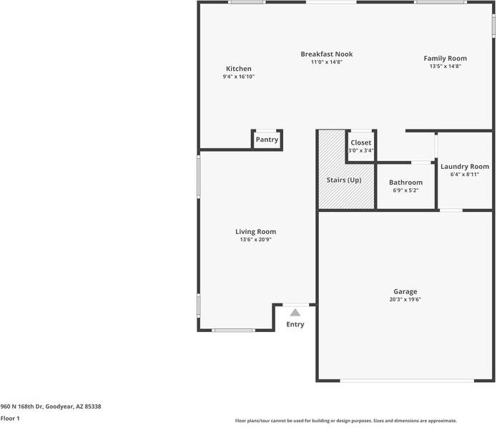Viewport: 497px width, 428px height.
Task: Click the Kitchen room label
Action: point(238,69)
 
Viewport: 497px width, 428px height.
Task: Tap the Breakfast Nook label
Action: point(326,54)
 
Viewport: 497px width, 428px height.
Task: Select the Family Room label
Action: point(445,59)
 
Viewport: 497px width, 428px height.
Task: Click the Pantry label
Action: point(267,140)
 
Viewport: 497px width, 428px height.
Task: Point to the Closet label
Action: point(360,143)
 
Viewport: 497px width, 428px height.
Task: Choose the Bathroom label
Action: point(405,183)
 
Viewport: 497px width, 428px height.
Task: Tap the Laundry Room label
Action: point(464,167)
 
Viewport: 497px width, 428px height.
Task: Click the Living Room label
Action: point(255,232)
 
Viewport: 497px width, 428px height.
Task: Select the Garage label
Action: point(405,292)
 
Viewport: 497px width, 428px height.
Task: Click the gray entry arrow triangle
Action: point(295,312)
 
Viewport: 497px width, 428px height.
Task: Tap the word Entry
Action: point(295,325)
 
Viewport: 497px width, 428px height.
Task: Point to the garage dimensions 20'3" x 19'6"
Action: point(405,300)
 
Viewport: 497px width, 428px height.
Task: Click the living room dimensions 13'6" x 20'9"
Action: point(255,240)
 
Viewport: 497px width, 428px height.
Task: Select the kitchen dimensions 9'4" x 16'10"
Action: point(238,77)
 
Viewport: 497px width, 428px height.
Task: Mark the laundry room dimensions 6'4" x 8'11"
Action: point(464,175)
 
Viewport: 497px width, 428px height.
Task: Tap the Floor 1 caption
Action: point(10,418)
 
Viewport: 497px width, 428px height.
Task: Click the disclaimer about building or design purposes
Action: point(345,421)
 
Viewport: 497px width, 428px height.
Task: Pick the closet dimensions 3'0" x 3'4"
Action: point(360,151)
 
